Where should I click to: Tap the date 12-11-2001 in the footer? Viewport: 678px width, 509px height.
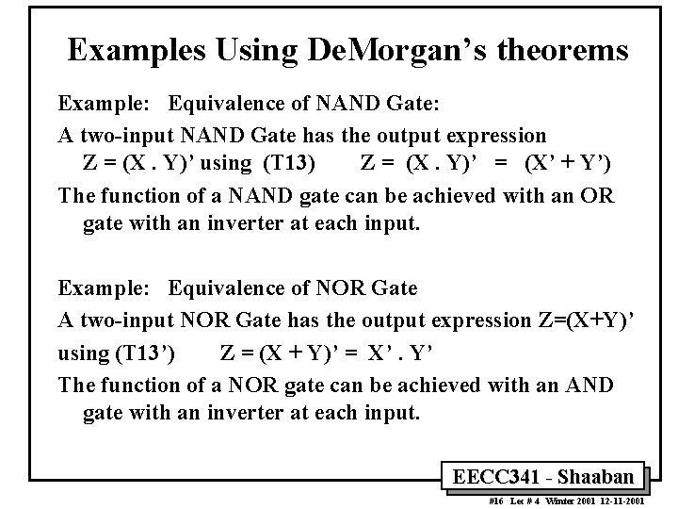click(621, 501)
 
